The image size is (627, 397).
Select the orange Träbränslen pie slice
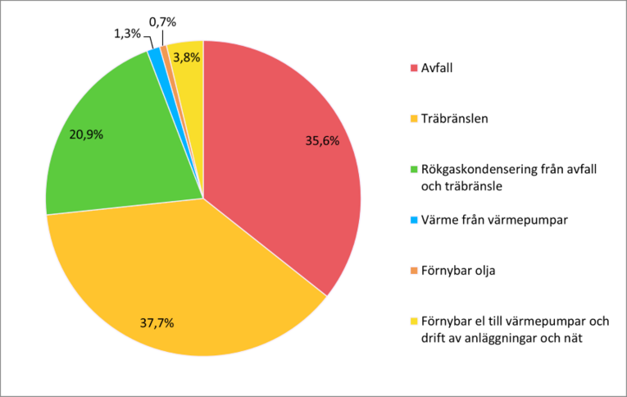coord(189,279)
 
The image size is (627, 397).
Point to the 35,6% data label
coord(322,141)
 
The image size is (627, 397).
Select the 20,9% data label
coord(87,135)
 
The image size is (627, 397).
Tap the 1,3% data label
coord(126,34)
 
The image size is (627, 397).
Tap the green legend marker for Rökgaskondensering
coord(414,170)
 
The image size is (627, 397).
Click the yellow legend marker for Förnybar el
coord(414,321)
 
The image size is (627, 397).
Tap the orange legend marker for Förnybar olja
coord(414,270)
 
